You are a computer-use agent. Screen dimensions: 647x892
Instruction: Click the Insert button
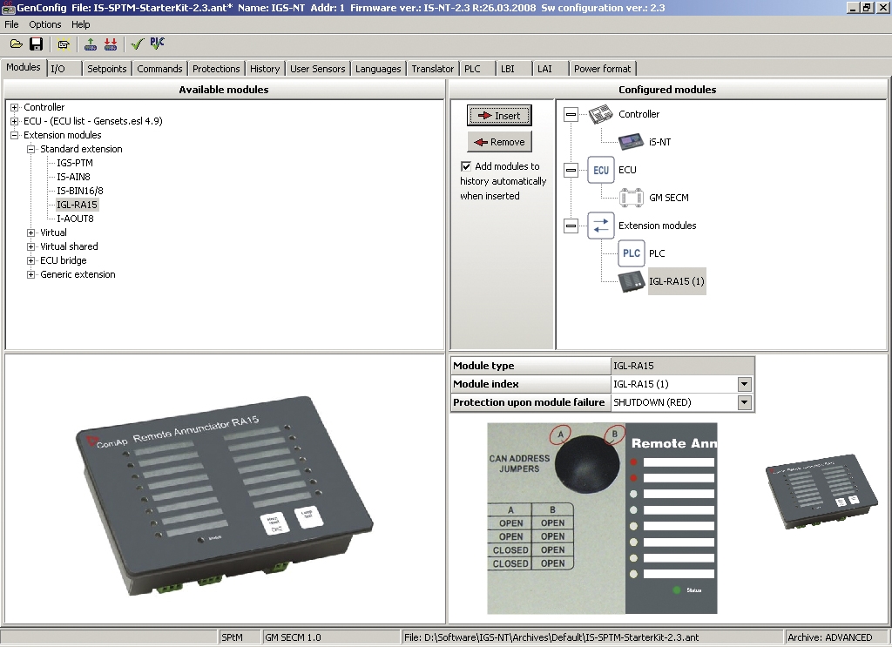[499, 116]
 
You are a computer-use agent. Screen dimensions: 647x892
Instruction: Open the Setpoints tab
[106, 69]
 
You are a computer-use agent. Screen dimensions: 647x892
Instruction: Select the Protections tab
[216, 69]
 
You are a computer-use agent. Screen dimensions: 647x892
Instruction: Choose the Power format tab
[603, 69]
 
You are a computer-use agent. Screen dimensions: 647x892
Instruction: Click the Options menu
[45, 24]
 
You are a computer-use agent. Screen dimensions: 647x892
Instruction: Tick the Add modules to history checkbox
[466, 166]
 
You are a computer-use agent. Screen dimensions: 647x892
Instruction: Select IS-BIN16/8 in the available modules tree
[80, 191]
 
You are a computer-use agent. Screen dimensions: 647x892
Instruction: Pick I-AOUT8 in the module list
[76, 219]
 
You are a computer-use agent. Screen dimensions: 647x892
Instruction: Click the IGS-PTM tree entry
[75, 163]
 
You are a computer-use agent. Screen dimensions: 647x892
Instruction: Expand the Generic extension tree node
[31, 274]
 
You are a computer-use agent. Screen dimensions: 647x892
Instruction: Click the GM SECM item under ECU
[668, 198]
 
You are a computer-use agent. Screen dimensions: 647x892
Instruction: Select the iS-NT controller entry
[660, 142]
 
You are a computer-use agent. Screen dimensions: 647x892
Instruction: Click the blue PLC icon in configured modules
[632, 253]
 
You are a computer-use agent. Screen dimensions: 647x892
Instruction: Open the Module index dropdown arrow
[744, 384]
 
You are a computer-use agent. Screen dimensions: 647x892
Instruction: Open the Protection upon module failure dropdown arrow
[744, 402]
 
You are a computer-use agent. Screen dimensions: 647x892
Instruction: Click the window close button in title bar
[882, 7]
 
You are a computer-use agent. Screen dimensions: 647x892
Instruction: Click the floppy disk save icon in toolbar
[37, 44]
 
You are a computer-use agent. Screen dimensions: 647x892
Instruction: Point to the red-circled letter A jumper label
[561, 434]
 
